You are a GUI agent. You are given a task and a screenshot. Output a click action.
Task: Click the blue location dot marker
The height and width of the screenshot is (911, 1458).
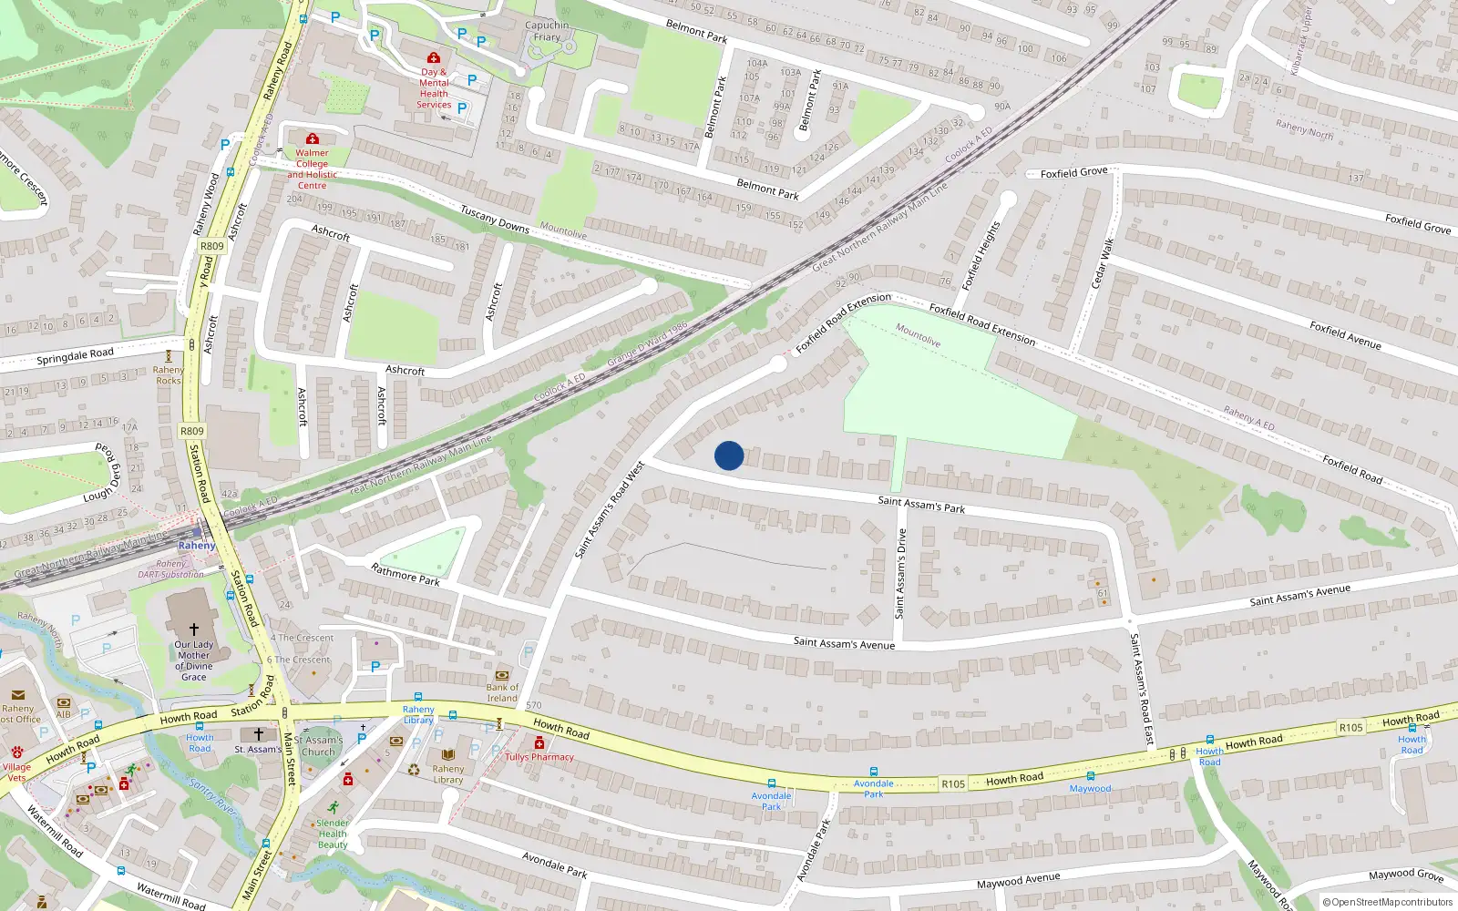pyautogui.click(x=729, y=455)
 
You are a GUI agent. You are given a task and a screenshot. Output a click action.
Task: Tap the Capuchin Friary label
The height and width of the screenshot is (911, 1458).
pyautogui.click(x=547, y=31)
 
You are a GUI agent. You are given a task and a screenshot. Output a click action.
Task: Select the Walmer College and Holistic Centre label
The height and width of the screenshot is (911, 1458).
pyautogui.click(x=312, y=169)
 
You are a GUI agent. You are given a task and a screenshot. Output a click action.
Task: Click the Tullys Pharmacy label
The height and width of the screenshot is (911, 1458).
pyautogui.click(x=539, y=757)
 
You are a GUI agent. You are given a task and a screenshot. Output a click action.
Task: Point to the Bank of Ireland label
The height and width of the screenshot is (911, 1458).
pyautogui.click(x=502, y=693)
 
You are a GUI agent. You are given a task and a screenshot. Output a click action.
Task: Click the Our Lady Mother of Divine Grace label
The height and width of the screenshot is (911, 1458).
pyautogui.click(x=193, y=660)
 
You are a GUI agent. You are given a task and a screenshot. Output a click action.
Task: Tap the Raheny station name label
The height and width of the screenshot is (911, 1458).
pyautogui.click(x=197, y=546)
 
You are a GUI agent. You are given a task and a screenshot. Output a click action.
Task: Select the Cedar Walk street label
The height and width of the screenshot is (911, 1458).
pyautogui.click(x=1103, y=263)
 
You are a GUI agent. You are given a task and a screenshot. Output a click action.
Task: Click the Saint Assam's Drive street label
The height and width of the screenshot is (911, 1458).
pyautogui.click(x=901, y=574)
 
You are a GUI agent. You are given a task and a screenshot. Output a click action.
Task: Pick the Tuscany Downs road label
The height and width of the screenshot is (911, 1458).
pyautogui.click(x=495, y=220)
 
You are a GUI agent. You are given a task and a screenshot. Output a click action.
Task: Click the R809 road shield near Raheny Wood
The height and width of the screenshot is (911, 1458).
pyautogui.click(x=211, y=246)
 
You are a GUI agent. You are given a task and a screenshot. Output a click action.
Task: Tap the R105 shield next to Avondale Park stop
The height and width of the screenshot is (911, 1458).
pyautogui.click(x=953, y=784)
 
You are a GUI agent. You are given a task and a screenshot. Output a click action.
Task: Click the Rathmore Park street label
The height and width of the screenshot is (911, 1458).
pyautogui.click(x=406, y=574)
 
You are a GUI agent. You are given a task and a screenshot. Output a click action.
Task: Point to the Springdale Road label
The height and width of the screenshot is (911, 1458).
pyautogui.click(x=75, y=355)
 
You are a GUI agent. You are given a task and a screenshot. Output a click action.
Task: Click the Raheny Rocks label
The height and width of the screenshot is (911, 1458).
pyautogui.click(x=169, y=375)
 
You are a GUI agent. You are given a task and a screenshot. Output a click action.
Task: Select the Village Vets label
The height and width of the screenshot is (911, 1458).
pyautogui.click(x=16, y=773)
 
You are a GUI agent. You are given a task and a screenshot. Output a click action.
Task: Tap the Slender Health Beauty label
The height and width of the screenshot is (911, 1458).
pyautogui.click(x=333, y=834)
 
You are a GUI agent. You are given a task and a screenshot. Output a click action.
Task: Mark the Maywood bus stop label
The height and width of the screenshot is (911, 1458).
pyautogui.click(x=1090, y=789)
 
